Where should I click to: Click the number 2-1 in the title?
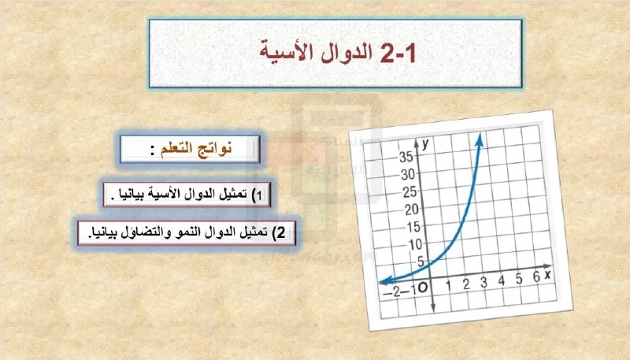pos(398,53)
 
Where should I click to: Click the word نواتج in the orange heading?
pos(217,149)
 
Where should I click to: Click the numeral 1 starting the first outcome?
pos(259,195)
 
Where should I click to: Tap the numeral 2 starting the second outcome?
pos(281,232)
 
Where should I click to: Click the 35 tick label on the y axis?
pos(406,157)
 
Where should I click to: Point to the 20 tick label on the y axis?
pos(411,210)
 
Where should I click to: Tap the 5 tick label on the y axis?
pos(421,262)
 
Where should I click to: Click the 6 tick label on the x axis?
pos(536,276)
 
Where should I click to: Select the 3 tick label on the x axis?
pos(484,282)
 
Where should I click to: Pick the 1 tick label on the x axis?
pos(448,286)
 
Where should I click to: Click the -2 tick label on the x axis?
pos(393,292)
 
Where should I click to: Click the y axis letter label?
pos(425,143)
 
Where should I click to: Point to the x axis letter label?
pos(547,274)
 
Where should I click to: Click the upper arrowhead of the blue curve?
pos(480,139)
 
